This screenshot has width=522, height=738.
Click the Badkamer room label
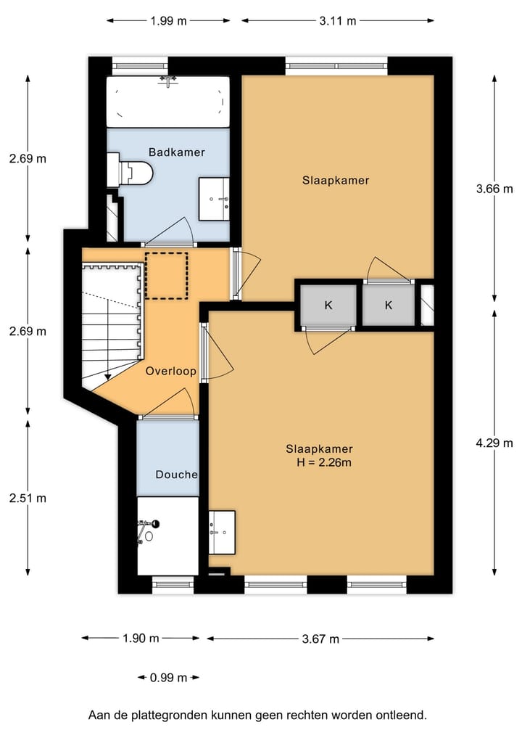pos(176,152)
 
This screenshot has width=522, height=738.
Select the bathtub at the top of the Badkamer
pos(167,102)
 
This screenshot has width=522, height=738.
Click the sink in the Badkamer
pos(215,198)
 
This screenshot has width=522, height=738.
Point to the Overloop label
pos(171,371)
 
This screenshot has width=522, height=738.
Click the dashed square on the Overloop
pos(166,275)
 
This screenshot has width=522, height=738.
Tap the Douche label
pos(176,475)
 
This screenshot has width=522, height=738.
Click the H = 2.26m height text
pos(324,462)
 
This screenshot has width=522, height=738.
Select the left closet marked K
pos(328,306)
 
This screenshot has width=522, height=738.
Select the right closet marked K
pos(388,306)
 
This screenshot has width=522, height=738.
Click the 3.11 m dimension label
pos(339,20)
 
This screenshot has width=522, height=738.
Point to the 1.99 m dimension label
pos(169,20)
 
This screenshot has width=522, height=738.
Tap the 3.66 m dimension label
pos(494,189)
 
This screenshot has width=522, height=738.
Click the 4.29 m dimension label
pos(494,443)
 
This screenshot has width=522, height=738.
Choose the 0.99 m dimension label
pos(168,678)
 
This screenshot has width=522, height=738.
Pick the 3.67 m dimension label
pos(320,639)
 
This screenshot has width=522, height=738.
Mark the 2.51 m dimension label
pos(28,498)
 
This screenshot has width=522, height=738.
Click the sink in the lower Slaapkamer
pos(222,532)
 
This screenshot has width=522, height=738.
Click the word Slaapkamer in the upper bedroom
pos(336,180)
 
